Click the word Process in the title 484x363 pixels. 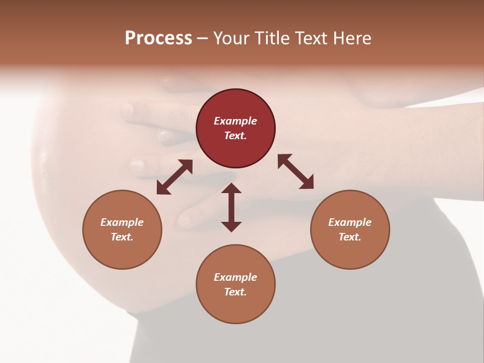158,38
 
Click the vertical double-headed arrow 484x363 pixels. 231,207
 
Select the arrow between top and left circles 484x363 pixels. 174,177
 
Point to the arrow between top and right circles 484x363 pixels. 295,171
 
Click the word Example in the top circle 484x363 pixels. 235,121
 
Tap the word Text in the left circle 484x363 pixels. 122,237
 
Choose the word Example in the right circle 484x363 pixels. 350,222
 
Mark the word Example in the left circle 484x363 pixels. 122,222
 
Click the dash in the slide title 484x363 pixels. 202,38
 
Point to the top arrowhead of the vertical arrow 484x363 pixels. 231,188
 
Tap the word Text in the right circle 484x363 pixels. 349,237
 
